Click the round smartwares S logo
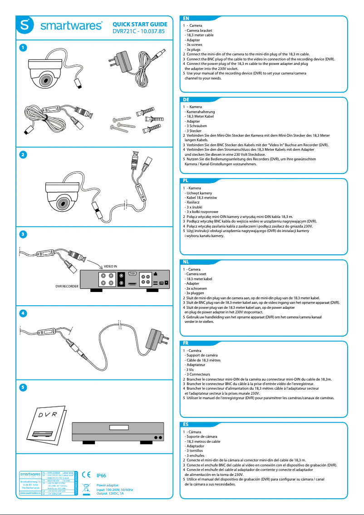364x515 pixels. [25, 27]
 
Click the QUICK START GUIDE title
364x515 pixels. [140, 24]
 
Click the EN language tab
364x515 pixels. [186, 18]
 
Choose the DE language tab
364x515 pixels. [186, 99]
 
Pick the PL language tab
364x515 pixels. [186, 180]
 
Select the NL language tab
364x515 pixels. [186, 262]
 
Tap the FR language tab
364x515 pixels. [186, 343]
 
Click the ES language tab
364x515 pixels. [186, 424]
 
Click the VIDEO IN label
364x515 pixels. [110, 265]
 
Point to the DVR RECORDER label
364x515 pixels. [67, 287]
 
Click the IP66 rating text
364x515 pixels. [101, 475]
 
